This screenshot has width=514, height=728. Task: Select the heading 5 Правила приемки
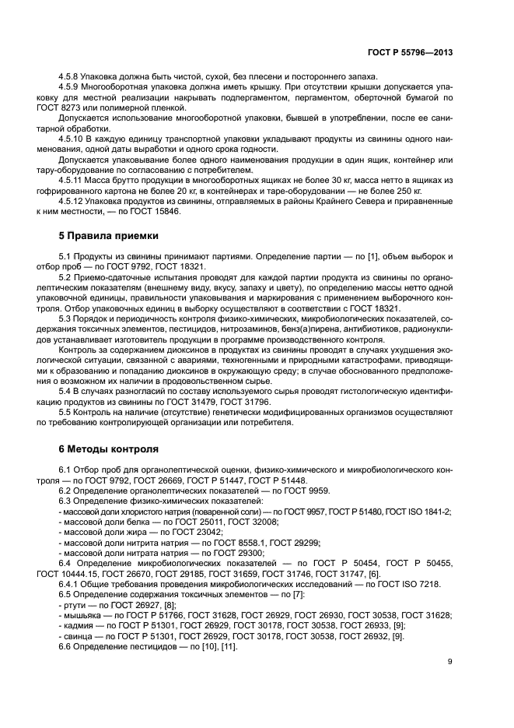pos(109,234)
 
